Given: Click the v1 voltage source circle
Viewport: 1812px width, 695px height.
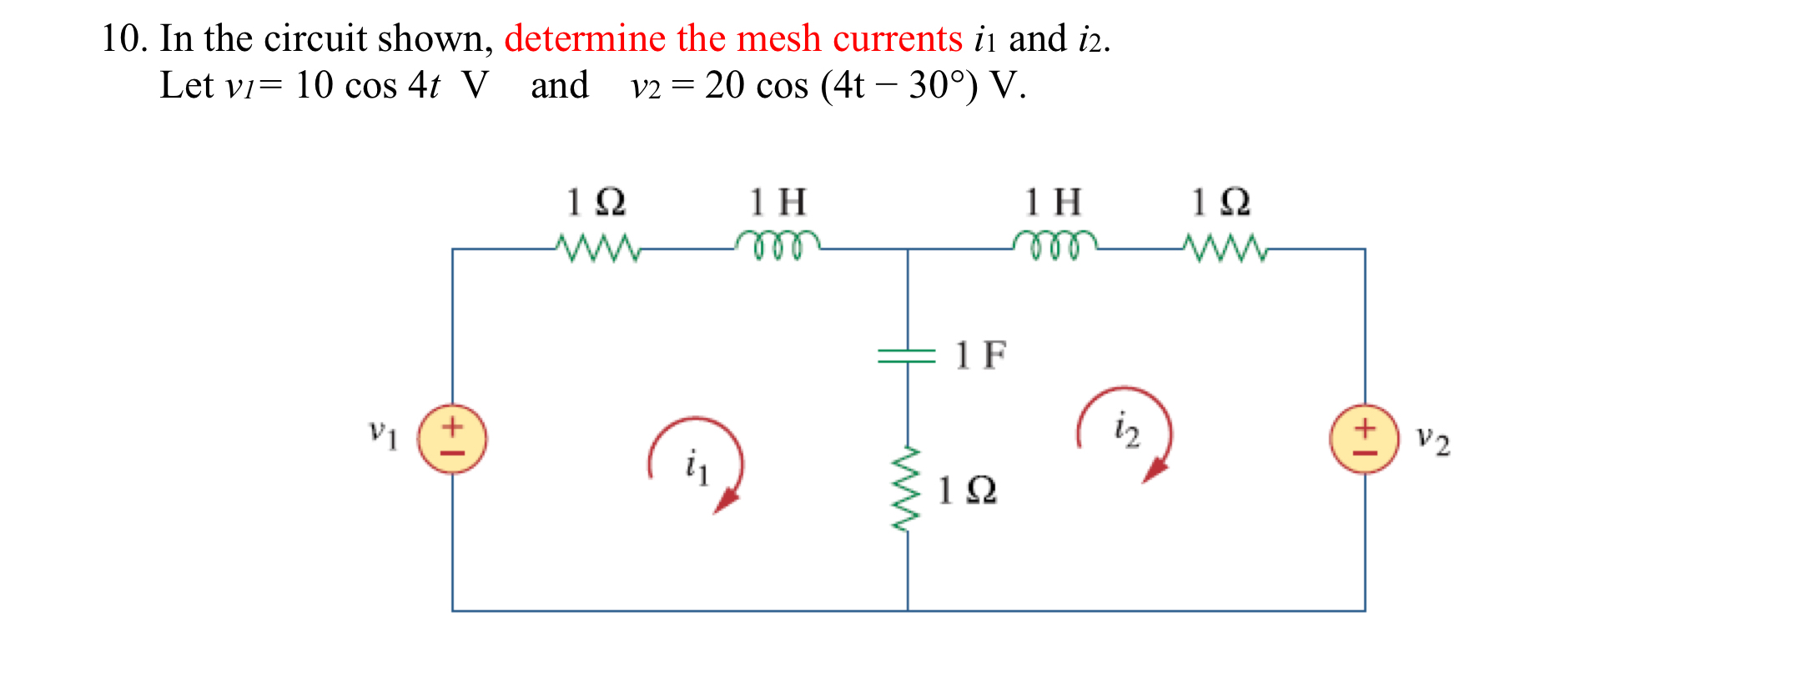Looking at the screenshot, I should tap(452, 439).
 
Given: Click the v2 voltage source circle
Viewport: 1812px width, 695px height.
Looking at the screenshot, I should tap(1364, 439).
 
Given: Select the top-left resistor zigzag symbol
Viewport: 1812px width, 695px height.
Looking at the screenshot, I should tap(597, 248).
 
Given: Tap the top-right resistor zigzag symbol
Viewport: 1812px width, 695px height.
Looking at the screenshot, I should tap(1225, 248).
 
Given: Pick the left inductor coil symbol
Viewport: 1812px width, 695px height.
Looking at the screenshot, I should tap(778, 244).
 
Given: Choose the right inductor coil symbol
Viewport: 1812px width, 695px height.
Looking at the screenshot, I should tap(1054, 244).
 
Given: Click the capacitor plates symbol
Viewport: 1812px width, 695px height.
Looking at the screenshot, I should tap(907, 356).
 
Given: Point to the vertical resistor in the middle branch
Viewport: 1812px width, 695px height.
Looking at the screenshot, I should tap(907, 489).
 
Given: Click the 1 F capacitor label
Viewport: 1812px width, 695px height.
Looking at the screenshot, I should tap(980, 355).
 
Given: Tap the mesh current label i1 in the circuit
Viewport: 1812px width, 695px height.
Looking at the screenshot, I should tap(697, 466).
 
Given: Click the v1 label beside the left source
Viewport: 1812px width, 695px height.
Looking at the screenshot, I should tap(384, 433).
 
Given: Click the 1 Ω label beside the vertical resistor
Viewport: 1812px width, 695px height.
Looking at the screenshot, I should tap(967, 491).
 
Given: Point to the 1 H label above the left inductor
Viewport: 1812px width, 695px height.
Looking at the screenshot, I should tap(778, 202).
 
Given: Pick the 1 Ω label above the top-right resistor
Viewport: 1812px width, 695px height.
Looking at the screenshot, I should tap(1221, 202).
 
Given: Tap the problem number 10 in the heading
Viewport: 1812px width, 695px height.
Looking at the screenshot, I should tap(119, 39).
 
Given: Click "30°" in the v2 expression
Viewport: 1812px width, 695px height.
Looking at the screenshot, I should tap(941, 85).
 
